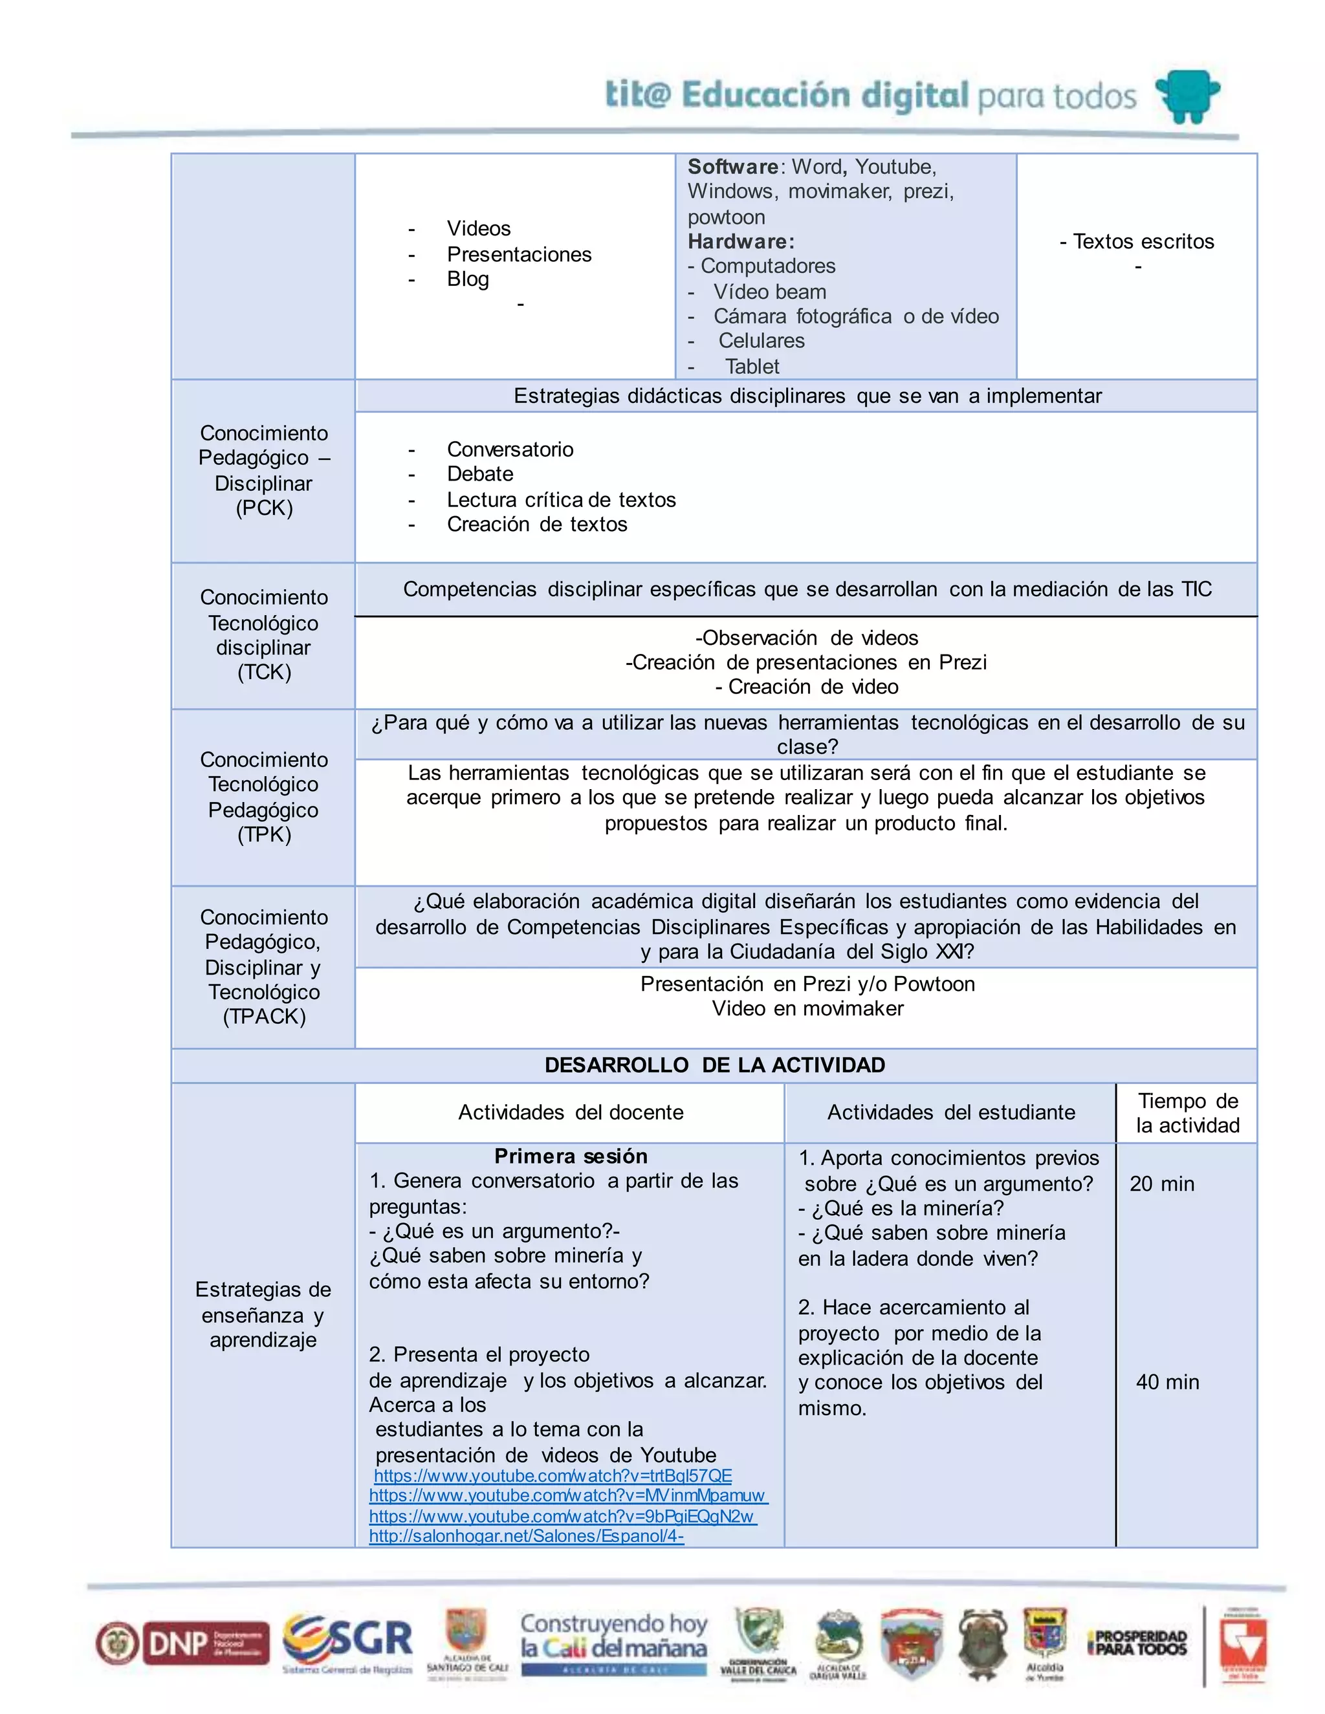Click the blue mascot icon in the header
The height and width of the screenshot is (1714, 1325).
[x=1188, y=96]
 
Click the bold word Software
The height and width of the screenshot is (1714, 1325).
[x=732, y=166]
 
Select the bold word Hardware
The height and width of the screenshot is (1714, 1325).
[x=740, y=241]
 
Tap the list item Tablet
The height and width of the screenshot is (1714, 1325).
[x=752, y=367]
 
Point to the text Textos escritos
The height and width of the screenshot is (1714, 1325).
[x=1143, y=241]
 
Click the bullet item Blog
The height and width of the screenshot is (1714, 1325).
[x=468, y=279]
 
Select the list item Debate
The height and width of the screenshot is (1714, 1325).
[x=479, y=474]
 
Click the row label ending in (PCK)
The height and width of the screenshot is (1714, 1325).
[x=264, y=508]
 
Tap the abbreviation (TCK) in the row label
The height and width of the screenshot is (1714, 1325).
[x=264, y=672]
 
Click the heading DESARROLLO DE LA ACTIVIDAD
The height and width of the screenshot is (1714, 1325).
[x=714, y=1065]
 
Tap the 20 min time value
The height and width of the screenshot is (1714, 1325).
[x=1162, y=1184]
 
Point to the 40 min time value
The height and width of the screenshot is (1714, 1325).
[x=1167, y=1382]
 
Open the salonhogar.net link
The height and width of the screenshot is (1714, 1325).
[x=526, y=1536]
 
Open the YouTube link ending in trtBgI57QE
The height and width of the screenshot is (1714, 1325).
[x=553, y=1475]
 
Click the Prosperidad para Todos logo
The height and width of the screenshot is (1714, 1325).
[x=1137, y=1643]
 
